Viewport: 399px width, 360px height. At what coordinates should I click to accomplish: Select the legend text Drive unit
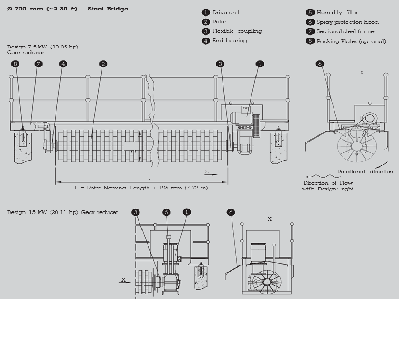point(226,13)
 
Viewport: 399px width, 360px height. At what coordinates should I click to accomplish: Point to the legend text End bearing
point(230,41)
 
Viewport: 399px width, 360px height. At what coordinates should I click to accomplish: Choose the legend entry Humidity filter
point(337,13)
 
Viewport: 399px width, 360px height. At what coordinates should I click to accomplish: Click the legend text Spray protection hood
point(347,22)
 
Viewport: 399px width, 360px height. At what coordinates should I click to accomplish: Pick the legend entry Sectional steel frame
point(345,32)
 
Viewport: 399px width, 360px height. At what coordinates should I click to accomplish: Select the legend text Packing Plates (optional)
point(351,41)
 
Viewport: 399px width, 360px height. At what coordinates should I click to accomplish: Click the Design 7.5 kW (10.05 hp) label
point(42,47)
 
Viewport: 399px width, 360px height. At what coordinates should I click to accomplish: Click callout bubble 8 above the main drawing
point(16,64)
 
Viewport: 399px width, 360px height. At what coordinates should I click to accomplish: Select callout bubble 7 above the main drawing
point(38,64)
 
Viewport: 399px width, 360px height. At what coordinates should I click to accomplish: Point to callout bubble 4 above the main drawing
point(63,64)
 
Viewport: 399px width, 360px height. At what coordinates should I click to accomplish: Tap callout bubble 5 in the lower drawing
point(167,212)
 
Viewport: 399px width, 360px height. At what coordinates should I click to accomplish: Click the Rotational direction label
point(365,171)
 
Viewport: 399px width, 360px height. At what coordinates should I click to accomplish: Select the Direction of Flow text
point(327,183)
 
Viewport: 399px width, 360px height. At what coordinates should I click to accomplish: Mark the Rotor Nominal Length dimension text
point(141,188)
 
